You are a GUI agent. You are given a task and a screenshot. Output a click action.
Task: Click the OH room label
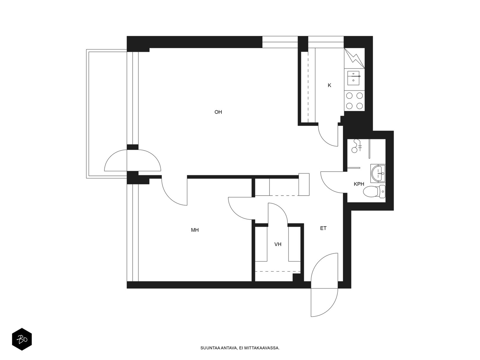click(218, 112)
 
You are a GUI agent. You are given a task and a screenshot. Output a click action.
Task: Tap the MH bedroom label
click(195, 230)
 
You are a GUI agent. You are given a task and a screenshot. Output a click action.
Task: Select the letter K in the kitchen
click(329, 85)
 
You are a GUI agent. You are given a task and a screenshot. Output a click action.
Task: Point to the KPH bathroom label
click(359, 184)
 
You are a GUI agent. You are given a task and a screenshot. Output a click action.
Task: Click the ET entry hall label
click(323, 228)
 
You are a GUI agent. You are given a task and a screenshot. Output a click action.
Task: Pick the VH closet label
click(278, 244)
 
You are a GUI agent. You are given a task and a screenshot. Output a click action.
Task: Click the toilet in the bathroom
click(374, 191)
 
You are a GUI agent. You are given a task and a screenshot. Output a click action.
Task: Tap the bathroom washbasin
click(378, 174)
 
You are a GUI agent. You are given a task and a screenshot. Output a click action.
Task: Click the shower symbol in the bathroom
click(356, 146)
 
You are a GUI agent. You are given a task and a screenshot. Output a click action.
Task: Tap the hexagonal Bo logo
click(22, 339)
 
